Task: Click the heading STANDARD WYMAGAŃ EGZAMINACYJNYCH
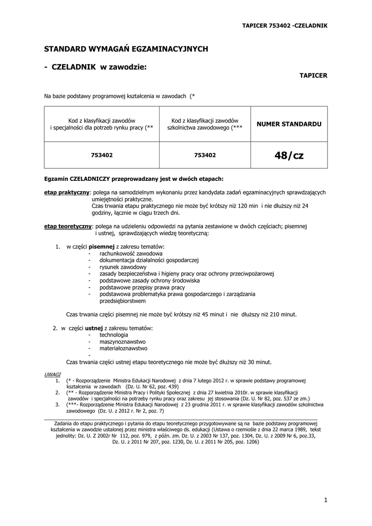[126, 49]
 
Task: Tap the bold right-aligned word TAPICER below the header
[313, 75]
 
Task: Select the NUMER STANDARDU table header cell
[289, 124]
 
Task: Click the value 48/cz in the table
[289, 155]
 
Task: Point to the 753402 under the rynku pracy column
[102, 155]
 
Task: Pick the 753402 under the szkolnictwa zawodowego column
[205, 155]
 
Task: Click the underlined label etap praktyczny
[67, 192]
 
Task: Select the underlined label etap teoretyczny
[68, 226]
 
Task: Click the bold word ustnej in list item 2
[94, 328]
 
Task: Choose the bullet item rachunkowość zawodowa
[131, 254]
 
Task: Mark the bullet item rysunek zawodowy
[123, 267]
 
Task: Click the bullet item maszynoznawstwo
[123, 341]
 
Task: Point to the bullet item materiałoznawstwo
[124, 348]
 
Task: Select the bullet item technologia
[114, 334]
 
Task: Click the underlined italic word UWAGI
[52, 374]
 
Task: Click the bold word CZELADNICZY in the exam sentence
[90, 179]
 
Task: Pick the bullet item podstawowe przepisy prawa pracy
[135, 287]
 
